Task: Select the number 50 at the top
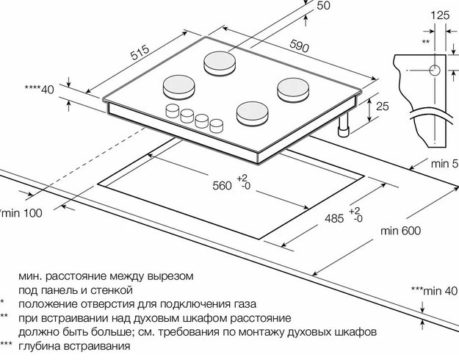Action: coord(323,7)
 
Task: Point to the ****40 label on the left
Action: coord(40,90)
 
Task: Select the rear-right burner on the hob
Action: coord(292,89)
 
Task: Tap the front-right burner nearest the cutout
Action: coord(251,113)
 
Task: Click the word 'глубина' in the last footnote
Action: coord(41,345)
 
